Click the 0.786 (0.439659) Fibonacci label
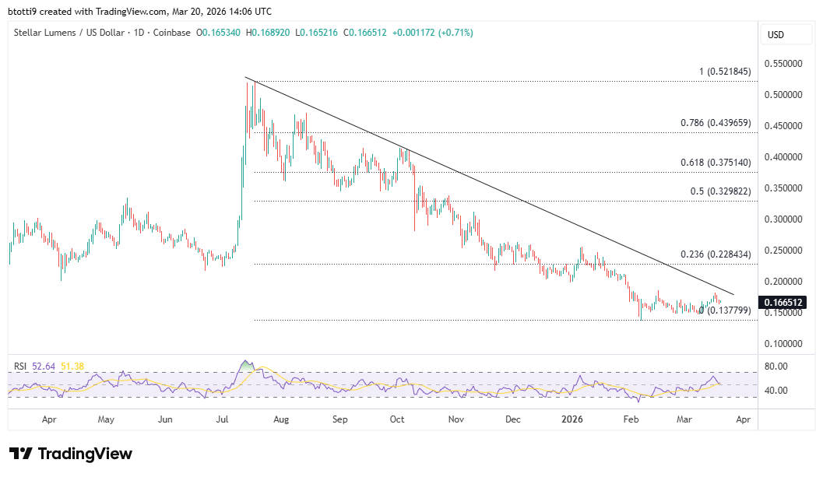click(x=716, y=123)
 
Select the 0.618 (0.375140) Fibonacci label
click(x=716, y=163)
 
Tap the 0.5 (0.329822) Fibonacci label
click(x=721, y=191)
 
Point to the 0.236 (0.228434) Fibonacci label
click(x=716, y=254)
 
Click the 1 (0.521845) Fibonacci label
click(x=724, y=72)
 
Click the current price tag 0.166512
click(x=783, y=302)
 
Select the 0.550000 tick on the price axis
click(x=785, y=64)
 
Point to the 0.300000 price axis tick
click(x=785, y=219)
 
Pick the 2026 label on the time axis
click(x=572, y=419)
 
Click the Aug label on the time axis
click(x=281, y=419)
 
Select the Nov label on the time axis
click(x=456, y=419)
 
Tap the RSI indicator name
click(x=21, y=366)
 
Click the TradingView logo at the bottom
click(x=71, y=454)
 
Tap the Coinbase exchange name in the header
click(x=172, y=33)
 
